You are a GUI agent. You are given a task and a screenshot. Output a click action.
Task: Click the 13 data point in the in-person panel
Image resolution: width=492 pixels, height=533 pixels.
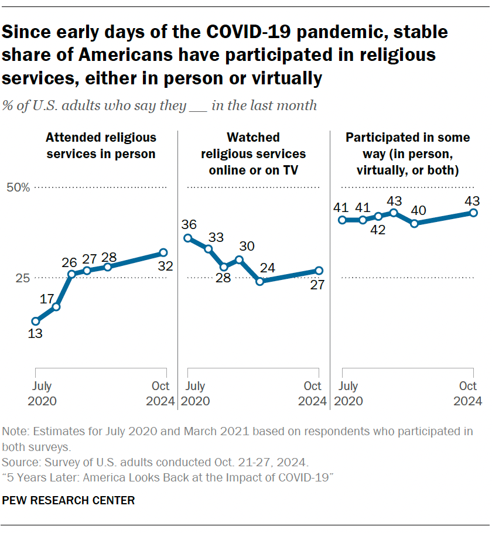[x=36, y=321]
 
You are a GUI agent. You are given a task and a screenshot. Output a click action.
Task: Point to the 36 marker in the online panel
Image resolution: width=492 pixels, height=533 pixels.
[x=188, y=238]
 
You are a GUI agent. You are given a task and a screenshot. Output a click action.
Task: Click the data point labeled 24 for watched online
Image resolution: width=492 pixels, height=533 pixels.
[x=260, y=281]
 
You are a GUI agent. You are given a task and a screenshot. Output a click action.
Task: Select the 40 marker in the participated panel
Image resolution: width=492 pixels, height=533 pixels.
[x=414, y=223]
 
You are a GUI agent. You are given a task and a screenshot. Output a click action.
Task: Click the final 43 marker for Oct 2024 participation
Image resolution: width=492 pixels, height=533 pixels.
[x=473, y=213]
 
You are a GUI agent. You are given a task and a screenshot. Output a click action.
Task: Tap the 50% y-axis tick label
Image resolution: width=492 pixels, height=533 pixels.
[x=18, y=188]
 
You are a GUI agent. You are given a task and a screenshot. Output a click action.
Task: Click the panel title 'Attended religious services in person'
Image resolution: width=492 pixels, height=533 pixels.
[x=101, y=146]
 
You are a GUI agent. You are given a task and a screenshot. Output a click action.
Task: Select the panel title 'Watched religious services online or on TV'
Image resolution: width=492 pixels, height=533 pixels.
[x=253, y=154]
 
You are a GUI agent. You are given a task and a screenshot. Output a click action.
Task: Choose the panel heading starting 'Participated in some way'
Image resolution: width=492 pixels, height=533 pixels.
[x=408, y=154]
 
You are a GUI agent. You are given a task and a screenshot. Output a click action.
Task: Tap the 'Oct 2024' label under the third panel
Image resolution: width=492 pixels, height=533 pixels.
[x=467, y=394]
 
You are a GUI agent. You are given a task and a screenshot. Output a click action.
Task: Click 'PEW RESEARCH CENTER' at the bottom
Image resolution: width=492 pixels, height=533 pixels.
[x=69, y=500]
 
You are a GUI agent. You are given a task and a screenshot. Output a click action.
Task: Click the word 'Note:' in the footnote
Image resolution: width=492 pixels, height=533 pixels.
[x=16, y=432]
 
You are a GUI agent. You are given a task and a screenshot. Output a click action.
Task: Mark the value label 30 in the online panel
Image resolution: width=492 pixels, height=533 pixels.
[x=247, y=246]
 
